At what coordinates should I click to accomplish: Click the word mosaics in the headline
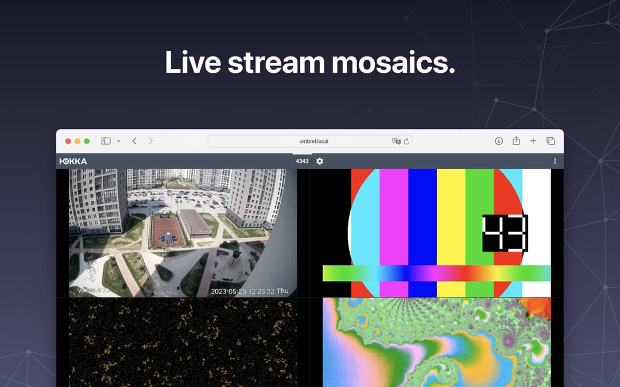[393, 62]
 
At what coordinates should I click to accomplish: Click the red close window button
[68, 141]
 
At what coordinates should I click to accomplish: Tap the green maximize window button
[87, 141]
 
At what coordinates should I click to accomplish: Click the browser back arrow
[134, 141]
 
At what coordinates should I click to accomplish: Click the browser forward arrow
[151, 141]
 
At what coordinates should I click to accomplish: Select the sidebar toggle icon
[106, 141]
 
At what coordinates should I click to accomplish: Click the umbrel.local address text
[313, 141]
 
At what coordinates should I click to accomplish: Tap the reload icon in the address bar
[406, 141]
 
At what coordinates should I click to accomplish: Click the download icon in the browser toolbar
[499, 141]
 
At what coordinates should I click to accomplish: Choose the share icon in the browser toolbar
[516, 141]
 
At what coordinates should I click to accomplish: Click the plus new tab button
[533, 141]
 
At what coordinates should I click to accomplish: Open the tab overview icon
[551, 141]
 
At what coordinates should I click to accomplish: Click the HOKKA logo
[73, 161]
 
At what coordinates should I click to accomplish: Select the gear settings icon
[320, 161]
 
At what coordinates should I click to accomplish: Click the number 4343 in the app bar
[302, 161]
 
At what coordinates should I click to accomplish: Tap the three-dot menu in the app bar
[555, 161]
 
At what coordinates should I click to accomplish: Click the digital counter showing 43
[505, 233]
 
